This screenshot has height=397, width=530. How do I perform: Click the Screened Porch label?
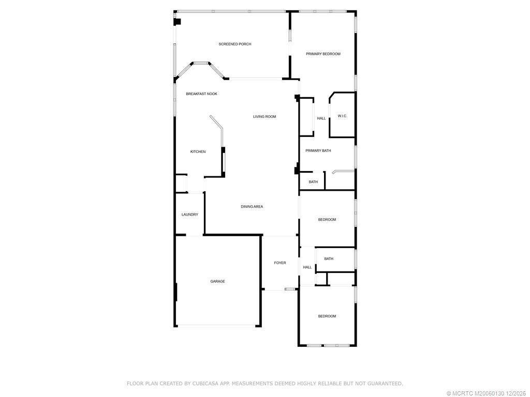(234, 44)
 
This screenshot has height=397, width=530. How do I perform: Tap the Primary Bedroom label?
(323, 54)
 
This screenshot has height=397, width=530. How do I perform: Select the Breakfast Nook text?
(201, 94)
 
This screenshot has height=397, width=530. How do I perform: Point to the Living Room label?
(264, 117)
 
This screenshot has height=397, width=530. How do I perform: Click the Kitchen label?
(198, 152)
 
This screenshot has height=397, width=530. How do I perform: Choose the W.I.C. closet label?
(342, 116)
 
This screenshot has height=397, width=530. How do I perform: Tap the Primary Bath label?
(318, 151)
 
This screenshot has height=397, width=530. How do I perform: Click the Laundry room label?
(189, 215)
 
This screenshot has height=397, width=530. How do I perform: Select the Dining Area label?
(252, 207)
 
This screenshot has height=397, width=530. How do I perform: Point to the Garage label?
(217, 282)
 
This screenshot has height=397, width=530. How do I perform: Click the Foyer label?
(280, 263)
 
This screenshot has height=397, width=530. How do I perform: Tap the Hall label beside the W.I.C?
(321, 118)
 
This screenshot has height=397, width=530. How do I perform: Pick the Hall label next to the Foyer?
(307, 267)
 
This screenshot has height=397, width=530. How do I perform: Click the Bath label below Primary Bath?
(313, 182)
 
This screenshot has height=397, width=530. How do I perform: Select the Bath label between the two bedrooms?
(329, 259)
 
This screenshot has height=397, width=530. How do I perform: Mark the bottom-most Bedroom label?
(327, 316)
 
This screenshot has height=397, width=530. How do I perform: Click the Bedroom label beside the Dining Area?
(327, 220)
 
